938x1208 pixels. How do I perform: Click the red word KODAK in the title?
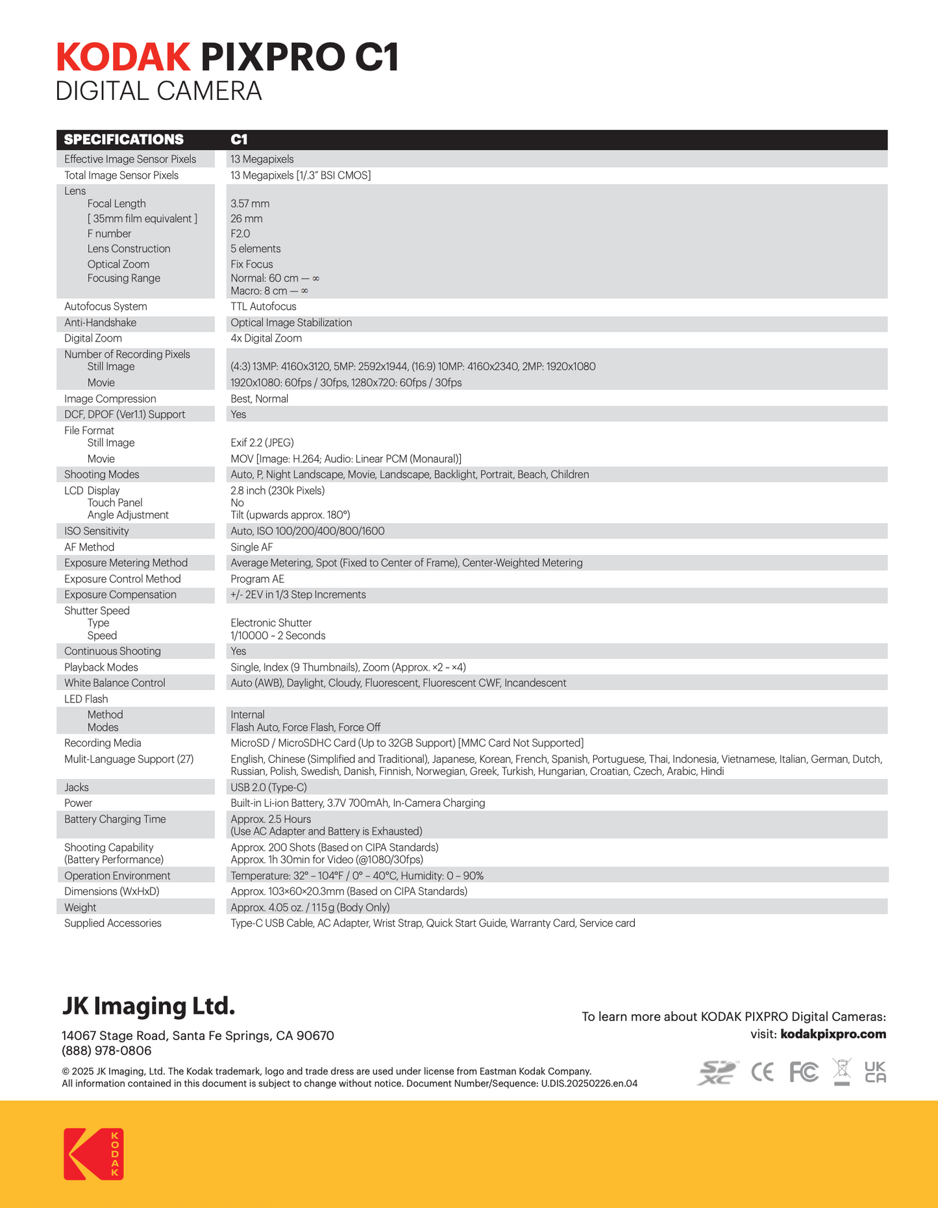[123, 57]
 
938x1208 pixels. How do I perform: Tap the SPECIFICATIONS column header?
[123, 140]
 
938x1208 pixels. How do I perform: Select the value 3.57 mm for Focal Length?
[250, 204]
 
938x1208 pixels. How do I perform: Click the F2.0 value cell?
[240, 234]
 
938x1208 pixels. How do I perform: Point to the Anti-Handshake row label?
[100, 323]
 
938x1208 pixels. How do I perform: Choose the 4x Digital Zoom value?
[266, 338]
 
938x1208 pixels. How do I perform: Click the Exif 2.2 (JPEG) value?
[262, 443]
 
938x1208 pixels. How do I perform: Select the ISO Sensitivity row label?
[96, 531]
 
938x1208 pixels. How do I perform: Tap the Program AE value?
[257, 579]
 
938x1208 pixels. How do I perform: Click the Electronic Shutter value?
[271, 623]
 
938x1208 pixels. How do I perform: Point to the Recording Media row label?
[103, 743]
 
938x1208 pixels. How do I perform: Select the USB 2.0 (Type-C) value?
[269, 787]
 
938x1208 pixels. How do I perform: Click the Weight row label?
[80, 907]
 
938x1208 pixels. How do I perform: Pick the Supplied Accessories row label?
[112, 923]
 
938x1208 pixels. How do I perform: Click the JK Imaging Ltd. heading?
[148, 1006]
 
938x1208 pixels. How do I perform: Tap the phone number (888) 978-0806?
[106, 1051]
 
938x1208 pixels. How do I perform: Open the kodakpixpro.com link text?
[833, 1034]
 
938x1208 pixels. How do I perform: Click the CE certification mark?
[762, 1072]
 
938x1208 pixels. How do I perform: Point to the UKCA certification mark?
[875, 1072]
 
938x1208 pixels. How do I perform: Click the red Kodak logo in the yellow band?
[93, 1154]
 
